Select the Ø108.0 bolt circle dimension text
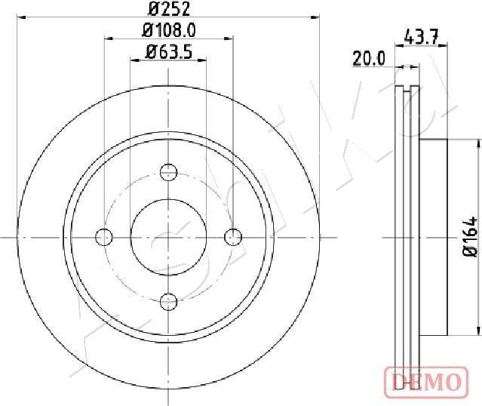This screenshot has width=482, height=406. click(169, 31)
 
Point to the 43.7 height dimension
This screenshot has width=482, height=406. click(422, 35)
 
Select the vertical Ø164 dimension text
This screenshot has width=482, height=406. click(468, 238)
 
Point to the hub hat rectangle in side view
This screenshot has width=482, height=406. click(434, 237)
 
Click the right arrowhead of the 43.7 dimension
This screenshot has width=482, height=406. click(445, 46)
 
